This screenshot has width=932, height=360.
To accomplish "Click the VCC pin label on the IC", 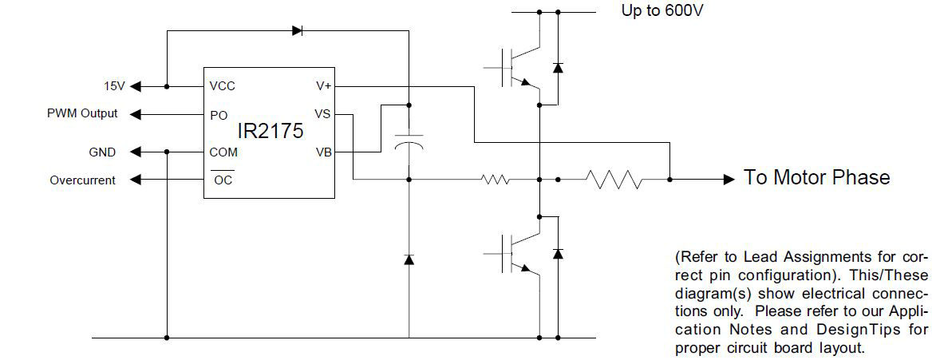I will pyautogui.click(x=223, y=86).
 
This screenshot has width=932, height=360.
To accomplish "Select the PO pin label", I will pyautogui.click(x=219, y=115).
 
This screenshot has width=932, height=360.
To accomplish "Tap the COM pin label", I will pyautogui.click(x=223, y=152).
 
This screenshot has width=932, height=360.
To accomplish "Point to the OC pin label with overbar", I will pyautogui.click(x=223, y=180).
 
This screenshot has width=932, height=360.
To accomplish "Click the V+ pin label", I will pyautogui.click(x=323, y=86).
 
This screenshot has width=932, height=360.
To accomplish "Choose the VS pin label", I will pyautogui.click(x=322, y=114).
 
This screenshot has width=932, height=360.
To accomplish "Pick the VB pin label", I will pyautogui.click(x=322, y=152).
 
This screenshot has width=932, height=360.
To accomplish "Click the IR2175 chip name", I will pyautogui.click(x=270, y=132).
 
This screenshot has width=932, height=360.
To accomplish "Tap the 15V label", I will pyautogui.click(x=114, y=86).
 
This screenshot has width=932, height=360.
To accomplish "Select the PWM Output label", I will pyautogui.click(x=82, y=113).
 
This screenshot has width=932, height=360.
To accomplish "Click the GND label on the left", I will pyautogui.click(x=102, y=152).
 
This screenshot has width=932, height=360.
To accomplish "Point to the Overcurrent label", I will pyautogui.click(x=82, y=180).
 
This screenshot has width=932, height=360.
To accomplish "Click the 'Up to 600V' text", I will pyautogui.click(x=662, y=11).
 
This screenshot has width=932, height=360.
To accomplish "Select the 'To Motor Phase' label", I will pyautogui.click(x=816, y=177).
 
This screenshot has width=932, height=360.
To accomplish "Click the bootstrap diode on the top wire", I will pyautogui.click(x=298, y=31).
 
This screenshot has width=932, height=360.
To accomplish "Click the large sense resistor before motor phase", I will pyautogui.click(x=614, y=180).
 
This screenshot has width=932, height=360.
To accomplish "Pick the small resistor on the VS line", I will pyautogui.click(x=496, y=180).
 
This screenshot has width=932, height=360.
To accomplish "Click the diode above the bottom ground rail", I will pyautogui.click(x=409, y=259).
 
